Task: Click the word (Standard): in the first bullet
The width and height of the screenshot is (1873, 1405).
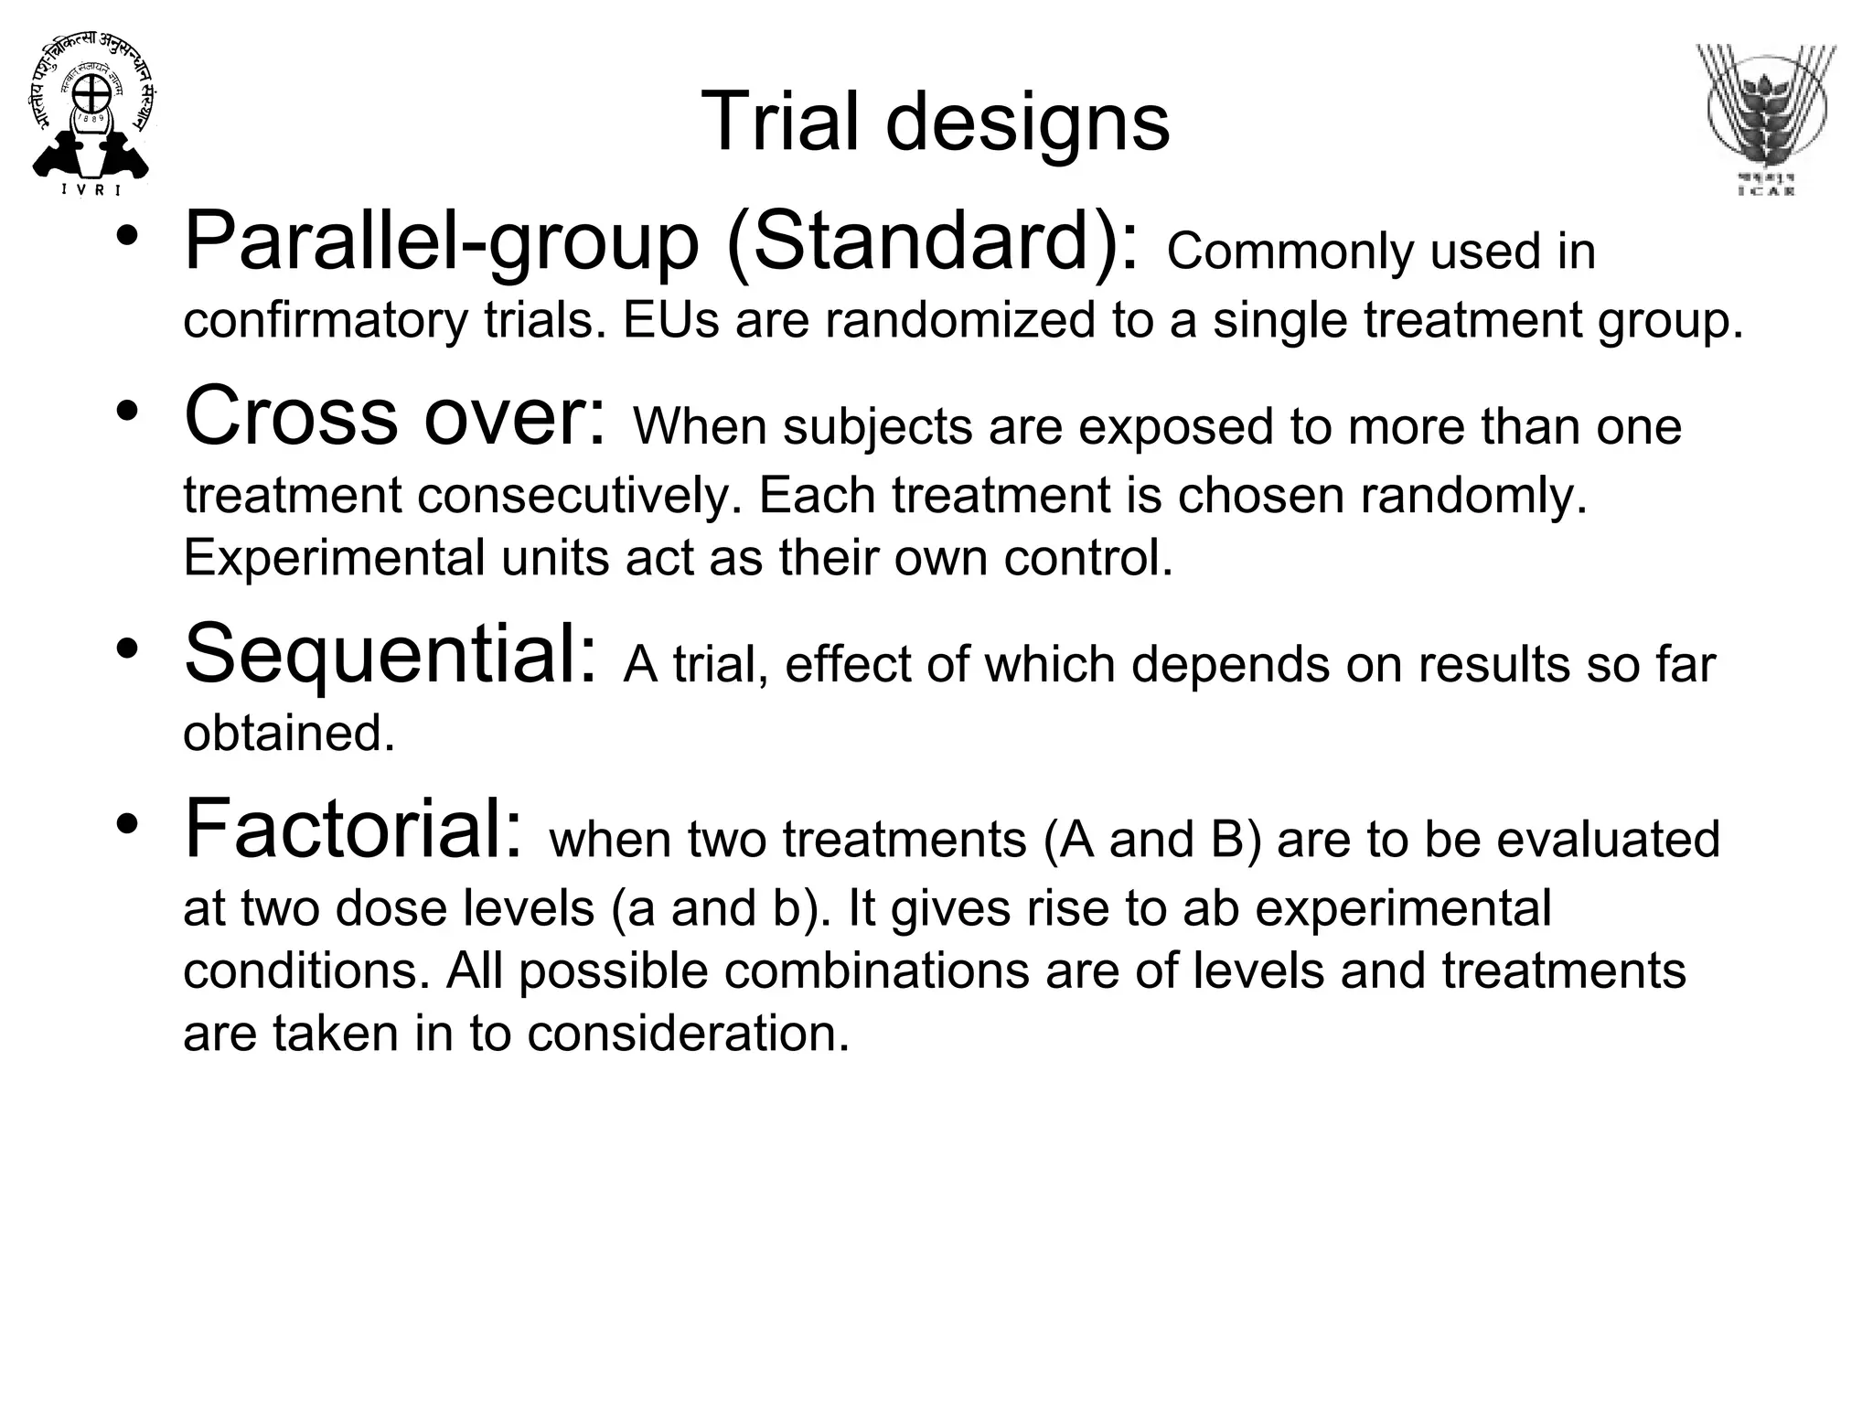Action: pos(933,242)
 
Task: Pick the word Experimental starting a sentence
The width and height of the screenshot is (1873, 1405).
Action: pos(334,558)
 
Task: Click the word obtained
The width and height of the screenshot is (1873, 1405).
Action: pos(289,734)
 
